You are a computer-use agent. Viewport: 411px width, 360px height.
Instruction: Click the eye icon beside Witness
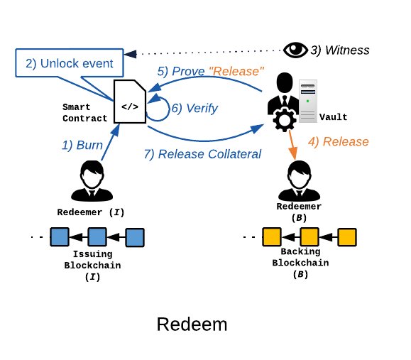point(295,50)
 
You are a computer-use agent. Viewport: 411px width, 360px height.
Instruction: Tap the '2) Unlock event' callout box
point(70,63)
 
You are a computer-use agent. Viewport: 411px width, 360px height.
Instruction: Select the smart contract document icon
point(130,102)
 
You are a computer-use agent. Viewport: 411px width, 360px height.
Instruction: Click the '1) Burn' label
point(82,145)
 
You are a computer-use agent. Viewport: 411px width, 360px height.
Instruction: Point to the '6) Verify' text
point(194,108)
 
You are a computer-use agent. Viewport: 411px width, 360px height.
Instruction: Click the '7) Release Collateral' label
point(202,154)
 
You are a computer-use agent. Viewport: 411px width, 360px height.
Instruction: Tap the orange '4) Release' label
point(339,141)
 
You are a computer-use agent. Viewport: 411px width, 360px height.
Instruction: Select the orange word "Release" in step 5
point(236,71)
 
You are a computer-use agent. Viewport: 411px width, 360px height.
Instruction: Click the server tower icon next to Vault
point(308,102)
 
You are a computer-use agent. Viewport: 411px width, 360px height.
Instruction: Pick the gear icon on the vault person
point(285,120)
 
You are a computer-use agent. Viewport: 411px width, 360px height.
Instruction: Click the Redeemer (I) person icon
point(92,181)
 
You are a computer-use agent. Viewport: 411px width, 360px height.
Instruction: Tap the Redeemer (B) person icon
point(299,181)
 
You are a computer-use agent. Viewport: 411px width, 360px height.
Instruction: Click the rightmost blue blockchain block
point(135,237)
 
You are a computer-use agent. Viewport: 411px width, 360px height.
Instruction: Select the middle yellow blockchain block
point(309,236)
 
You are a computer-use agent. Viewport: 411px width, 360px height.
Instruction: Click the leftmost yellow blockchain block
point(272,236)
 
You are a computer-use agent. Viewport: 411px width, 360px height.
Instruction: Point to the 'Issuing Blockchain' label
point(92,260)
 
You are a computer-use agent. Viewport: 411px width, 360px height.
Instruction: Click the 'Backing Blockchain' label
point(300,257)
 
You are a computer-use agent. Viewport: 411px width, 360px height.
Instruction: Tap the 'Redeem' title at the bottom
point(192,324)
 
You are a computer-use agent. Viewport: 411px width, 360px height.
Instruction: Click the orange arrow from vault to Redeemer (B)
point(292,144)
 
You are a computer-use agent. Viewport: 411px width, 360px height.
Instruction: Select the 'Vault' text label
point(333,117)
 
